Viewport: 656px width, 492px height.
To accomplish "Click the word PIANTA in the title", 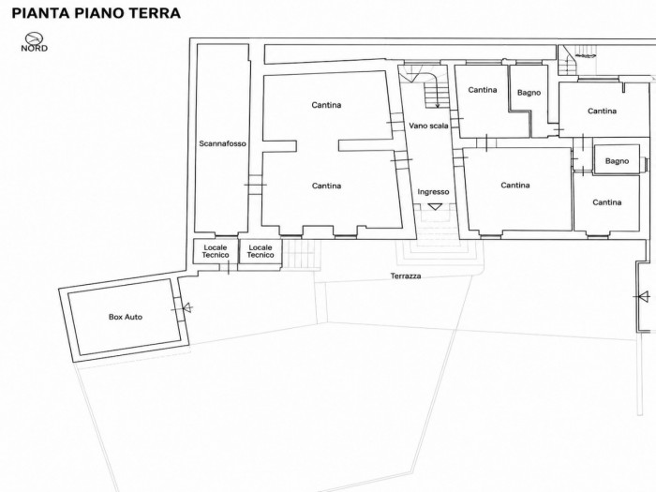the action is tap(40, 13).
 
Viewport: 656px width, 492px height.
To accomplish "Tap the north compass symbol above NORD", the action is tap(34, 38).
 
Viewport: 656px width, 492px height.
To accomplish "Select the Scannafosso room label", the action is tap(223, 143).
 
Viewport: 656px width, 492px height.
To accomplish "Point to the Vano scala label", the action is tap(428, 126).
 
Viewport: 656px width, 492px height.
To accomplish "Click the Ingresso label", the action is tap(433, 192).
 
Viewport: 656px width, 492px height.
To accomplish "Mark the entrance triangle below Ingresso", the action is tap(435, 206).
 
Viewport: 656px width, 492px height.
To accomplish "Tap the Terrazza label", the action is tap(406, 276).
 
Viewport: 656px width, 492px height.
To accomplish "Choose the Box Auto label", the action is tap(126, 317).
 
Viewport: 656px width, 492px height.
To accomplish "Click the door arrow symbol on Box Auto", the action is tap(187, 308).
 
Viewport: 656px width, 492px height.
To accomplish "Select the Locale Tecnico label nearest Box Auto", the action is tap(216, 251).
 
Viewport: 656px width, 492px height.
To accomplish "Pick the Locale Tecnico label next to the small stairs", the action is tap(261, 251).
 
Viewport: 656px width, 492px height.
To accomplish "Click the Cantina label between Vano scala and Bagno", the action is tap(483, 90).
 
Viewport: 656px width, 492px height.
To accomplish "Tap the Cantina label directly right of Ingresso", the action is tap(515, 185).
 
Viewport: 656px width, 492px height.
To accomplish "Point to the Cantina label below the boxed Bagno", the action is tap(606, 202).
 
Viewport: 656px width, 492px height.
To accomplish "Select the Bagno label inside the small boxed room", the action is tap(617, 161).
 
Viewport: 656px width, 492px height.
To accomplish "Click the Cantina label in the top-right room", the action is tap(602, 111).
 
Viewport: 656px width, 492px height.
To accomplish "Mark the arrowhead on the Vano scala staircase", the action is tap(438, 105).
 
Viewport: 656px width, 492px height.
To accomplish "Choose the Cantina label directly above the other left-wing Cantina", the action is tap(326, 105).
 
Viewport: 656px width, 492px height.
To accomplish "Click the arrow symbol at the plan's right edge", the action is tap(644, 297).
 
